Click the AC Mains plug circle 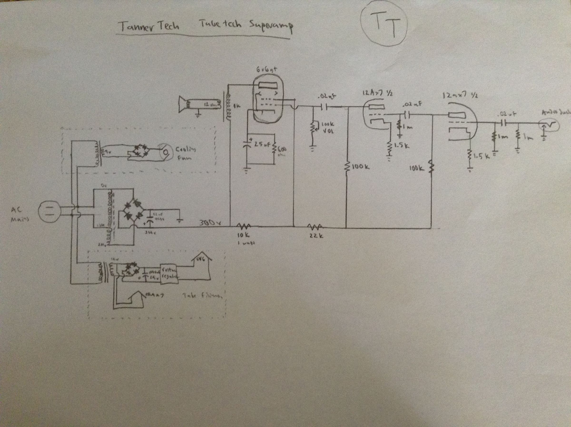pos(49,211)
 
